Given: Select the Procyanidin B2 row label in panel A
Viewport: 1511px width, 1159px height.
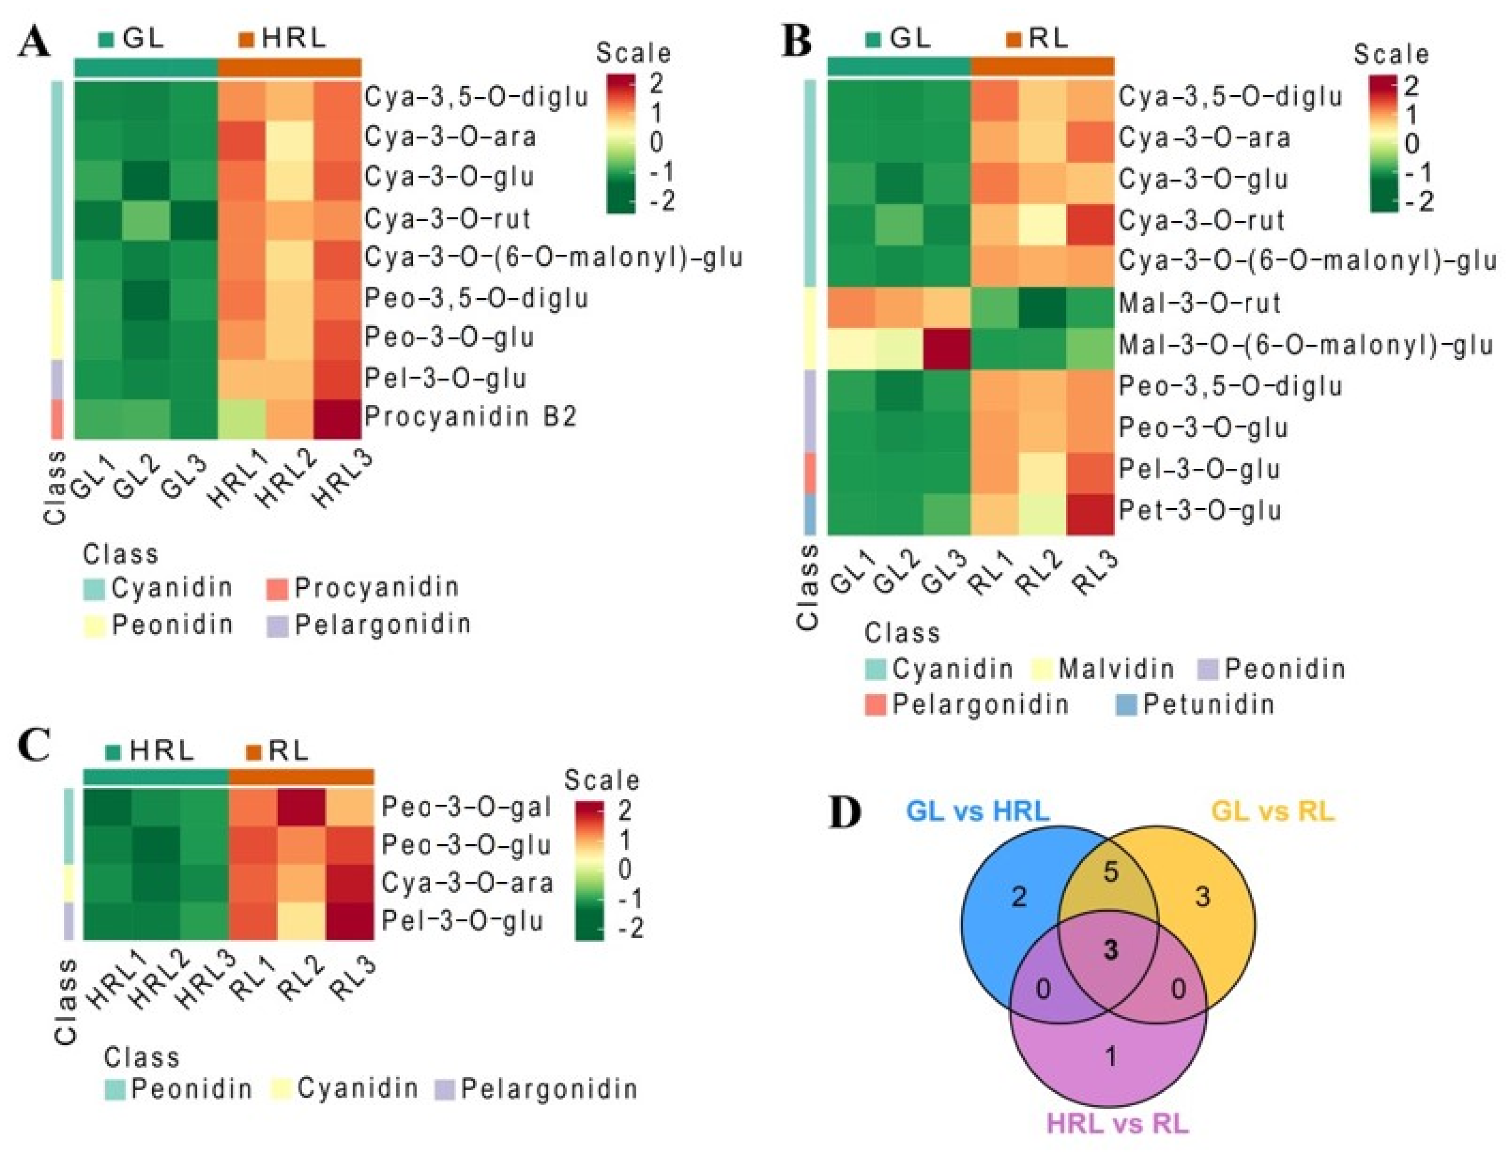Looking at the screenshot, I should pyautogui.click(x=470, y=417).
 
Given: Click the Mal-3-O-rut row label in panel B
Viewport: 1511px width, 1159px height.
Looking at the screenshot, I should pyautogui.click(x=1199, y=304).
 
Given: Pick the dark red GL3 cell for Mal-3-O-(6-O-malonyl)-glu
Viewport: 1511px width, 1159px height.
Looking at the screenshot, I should pyautogui.click(x=947, y=345).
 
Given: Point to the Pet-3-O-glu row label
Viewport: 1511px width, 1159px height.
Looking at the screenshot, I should pyautogui.click(x=1199, y=511).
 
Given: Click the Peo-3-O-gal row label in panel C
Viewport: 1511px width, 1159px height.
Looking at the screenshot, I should pyautogui.click(x=466, y=807).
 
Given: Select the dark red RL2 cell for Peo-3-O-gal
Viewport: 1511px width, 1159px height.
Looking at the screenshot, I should pyautogui.click(x=301, y=806).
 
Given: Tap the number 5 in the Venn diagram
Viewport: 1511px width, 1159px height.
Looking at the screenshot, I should pyautogui.click(x=1110, y=872).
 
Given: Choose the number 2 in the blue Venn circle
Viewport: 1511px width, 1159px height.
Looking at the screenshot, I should pyautogui.click(x=1019, y=897).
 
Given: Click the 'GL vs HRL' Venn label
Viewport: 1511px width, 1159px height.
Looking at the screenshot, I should pyautogui.click(x=977, y=811).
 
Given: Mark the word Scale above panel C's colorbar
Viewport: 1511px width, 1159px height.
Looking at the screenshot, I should pyautogui.click(x=602, y=780).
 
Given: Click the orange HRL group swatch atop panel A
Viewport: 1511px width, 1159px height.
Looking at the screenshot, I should pyautogui.click(x=247, y=40).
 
